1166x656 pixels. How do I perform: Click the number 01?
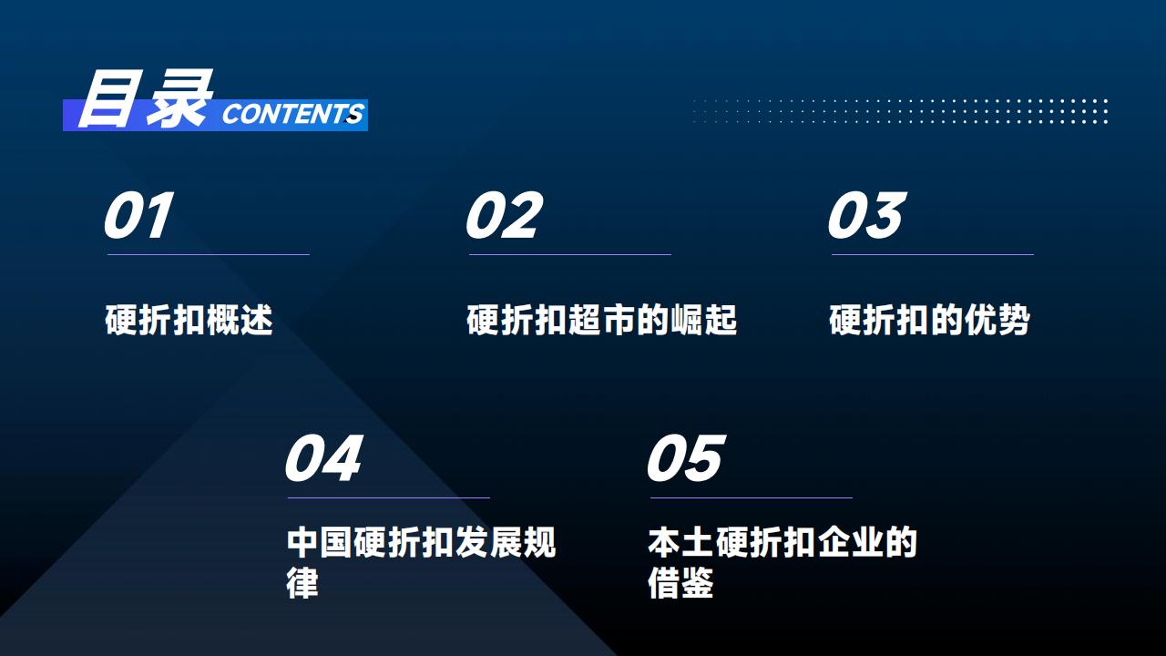coord(138,215)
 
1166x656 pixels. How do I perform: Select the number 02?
coord(504,215)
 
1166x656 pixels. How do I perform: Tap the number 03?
coord(866,215)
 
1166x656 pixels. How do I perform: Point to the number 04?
coord(323,458)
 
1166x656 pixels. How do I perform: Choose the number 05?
coord(686,458)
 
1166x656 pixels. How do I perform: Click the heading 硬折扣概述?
coord(189,320)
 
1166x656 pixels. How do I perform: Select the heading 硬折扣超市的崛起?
coord(602,320)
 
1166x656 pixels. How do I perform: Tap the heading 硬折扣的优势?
coord(930,320)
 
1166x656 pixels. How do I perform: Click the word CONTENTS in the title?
coord(292,114)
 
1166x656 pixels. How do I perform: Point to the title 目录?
coord(145,99)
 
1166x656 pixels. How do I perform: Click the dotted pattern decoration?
coord(901,111)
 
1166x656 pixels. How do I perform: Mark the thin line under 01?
coord(209,254)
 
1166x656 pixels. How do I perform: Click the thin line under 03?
coord(933,254)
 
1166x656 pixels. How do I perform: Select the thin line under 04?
coord(389,497)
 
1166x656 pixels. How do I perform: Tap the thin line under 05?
coord(752,497)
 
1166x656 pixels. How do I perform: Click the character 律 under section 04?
coord(302,582)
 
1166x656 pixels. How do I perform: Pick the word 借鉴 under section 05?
coord(680,582)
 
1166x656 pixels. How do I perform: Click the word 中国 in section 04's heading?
coord(319,542)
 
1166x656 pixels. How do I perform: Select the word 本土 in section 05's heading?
coord(680,542)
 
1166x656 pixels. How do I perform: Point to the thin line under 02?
coord(570,254)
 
